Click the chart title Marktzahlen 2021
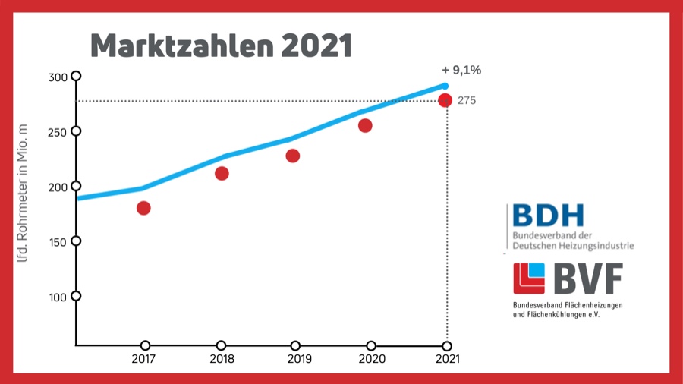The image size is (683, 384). pos(221,46)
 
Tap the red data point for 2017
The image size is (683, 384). pos(143,208)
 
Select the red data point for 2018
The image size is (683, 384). pos(222,173)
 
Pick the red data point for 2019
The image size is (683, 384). pos(293,156)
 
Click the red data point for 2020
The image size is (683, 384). pos(365,125)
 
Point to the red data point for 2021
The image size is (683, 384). pos(445,100)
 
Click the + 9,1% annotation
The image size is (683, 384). pos(461,71)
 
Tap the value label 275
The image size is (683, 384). pos(467,100)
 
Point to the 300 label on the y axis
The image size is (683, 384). pos(58,77)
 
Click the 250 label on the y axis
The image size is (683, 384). pos(58,132)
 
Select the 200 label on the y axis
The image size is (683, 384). pos(58,187)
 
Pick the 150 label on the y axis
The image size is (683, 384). pos(58,242)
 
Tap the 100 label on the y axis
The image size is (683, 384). pos(58,297)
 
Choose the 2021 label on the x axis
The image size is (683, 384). pos(447,359)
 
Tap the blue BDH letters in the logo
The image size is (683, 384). pos(548,216)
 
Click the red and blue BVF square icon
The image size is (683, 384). pos(529,279)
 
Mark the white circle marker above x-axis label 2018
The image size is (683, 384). pos(221,346)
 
